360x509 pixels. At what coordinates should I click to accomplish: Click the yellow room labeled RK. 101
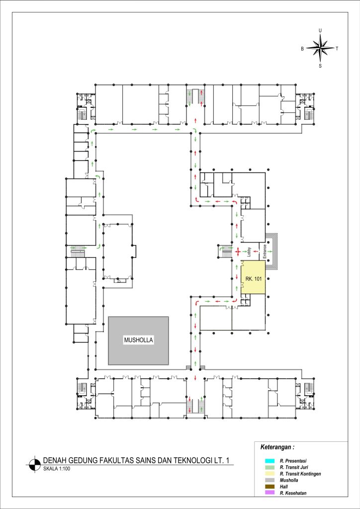[253, 277]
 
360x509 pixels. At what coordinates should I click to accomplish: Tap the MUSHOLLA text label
[138, 340]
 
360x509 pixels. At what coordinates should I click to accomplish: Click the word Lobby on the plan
[250, 252]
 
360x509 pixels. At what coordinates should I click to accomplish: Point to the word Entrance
[265, 251]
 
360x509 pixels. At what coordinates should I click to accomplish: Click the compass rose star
[320, 48]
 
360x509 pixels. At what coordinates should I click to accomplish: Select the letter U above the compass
[320, 30]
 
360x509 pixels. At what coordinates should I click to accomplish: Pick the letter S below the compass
[320, 66]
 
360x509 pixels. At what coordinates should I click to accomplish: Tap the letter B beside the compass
[302, 49]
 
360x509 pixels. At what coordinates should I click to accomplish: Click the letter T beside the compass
[337, 49]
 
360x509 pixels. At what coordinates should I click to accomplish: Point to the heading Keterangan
[277, 447]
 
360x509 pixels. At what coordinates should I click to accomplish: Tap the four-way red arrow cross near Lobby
[238, 251]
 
